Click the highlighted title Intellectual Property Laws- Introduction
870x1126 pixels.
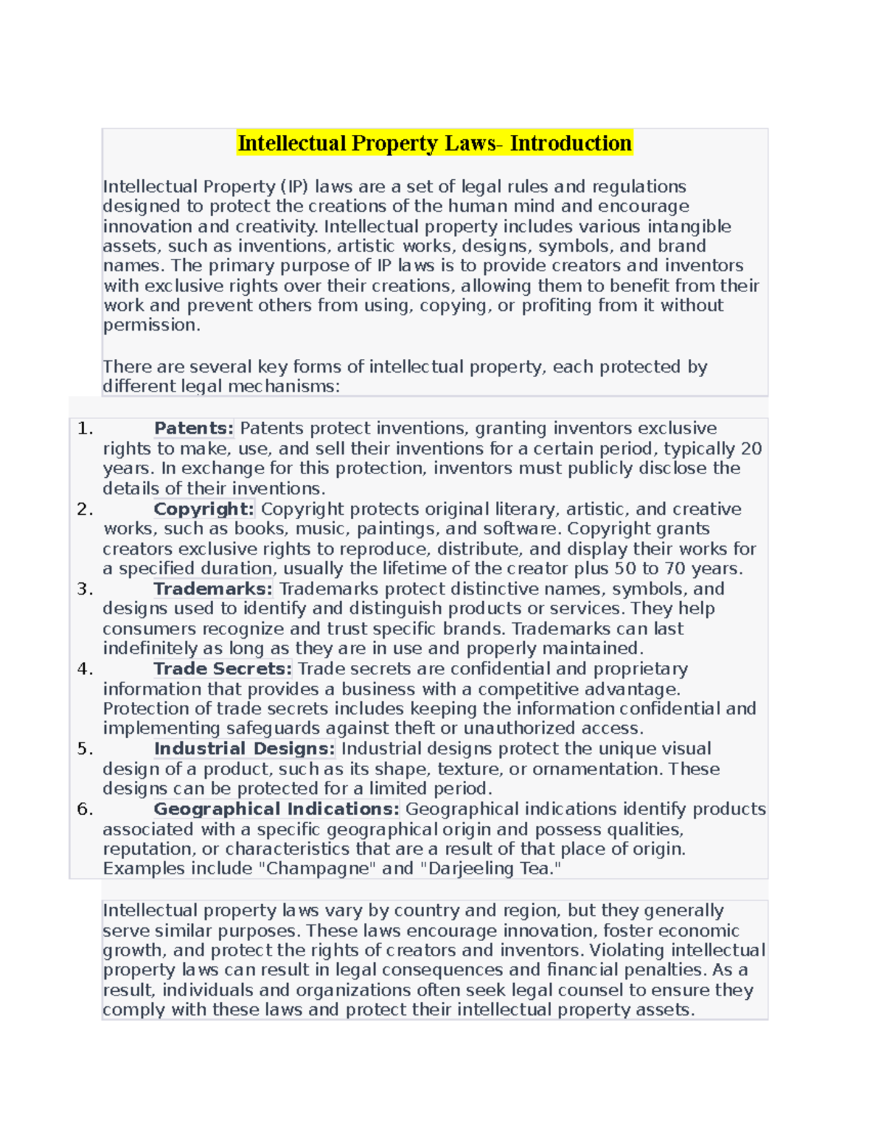(434, 143)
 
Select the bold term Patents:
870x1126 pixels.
(194, 429)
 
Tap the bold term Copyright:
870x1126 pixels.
(204, 509)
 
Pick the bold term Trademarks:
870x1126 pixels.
(213, 589)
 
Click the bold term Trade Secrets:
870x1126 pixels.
(223, 668)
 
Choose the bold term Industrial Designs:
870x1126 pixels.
(244, 748)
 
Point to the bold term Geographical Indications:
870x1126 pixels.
(276, 809)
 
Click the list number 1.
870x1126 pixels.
(85, 429)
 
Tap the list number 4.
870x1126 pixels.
(85, 668)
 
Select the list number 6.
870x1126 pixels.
(85, 809)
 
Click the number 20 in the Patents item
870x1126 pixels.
(751, 449)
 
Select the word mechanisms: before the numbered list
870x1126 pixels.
(284, 386)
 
